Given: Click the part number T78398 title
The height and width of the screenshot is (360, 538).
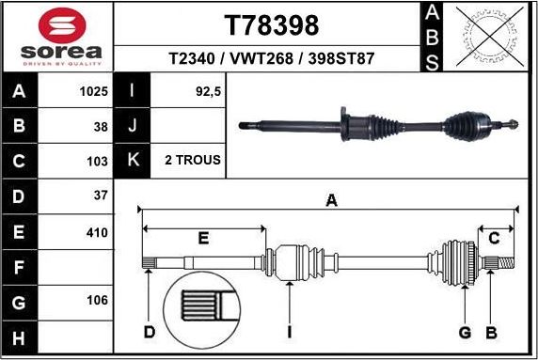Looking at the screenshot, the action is [272, 24].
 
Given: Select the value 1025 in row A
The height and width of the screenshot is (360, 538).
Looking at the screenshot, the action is [93, 92].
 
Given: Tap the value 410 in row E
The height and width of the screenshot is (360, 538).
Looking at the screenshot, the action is [97, 232].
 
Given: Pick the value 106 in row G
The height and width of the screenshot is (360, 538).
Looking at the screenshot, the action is [97, 302].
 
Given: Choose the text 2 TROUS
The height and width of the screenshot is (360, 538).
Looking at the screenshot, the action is [192, 161].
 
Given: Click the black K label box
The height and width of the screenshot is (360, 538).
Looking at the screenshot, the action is [132, 161].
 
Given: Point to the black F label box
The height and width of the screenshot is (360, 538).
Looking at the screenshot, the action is [20, 267].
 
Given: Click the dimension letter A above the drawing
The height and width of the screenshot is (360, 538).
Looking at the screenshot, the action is [330, 200].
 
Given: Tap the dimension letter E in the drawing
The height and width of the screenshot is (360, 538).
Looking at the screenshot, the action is [203, 239].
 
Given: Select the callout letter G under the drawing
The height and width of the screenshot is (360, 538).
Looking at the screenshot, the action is [465, 332].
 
